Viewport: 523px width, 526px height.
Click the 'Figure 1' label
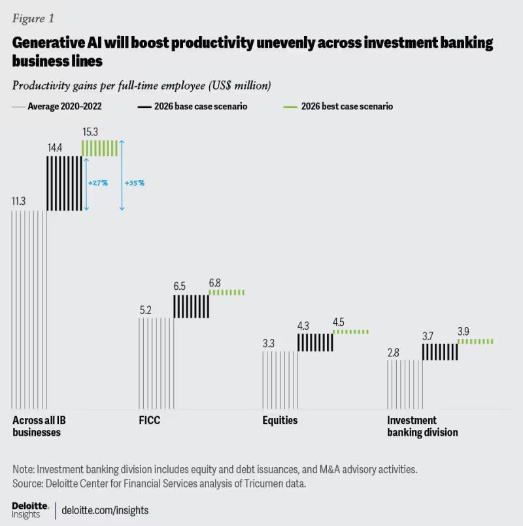[31, 18]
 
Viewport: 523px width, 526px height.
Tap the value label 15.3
[91, 131]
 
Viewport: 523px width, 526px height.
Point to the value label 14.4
[56, 149]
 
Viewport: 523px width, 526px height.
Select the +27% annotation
[97, 183]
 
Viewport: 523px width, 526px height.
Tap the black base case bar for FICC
[191, 306]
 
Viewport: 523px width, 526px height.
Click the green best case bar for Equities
[350, 332]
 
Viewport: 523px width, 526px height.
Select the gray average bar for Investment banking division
[404, 384]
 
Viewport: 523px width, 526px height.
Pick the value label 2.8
[393, 353]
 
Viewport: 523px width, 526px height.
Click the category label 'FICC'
[149, 421]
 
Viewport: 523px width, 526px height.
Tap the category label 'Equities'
[280, 421]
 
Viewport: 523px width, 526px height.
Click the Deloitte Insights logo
[29, 510]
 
